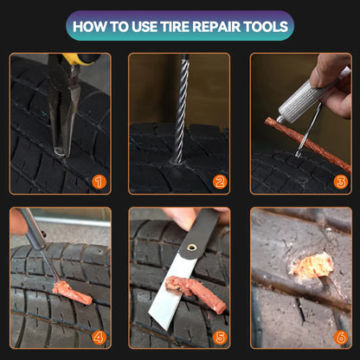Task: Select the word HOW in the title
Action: (88, 25)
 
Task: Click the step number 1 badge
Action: (99, 182)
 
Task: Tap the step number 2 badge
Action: (220, 182)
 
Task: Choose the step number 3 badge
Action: (340, 182)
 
